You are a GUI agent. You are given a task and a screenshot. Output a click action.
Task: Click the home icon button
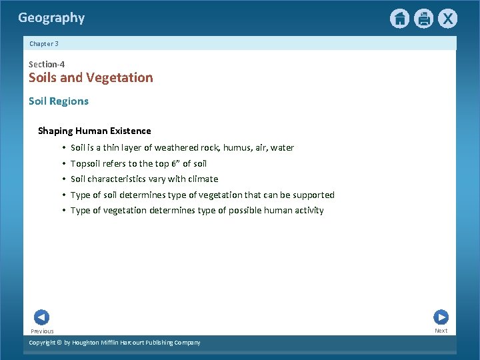click(399, 19)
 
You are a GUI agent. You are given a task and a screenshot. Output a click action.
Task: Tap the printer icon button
click(423, 19)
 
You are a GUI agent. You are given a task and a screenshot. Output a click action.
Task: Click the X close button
click(447, 19)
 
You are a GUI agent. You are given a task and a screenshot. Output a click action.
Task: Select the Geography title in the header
click(51, 18)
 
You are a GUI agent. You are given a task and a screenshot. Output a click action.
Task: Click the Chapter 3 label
click(44, 43)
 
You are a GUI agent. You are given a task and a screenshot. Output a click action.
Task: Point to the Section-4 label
click(47, 64)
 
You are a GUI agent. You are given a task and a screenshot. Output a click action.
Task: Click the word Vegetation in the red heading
click(122, 77)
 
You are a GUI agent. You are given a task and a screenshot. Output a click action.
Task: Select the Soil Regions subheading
click(59, 101)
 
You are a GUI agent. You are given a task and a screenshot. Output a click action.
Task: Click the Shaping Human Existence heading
click(95, 131)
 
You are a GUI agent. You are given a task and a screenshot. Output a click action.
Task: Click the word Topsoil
click(85, 163)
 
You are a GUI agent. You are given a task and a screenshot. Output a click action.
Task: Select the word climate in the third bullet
click(203, 179)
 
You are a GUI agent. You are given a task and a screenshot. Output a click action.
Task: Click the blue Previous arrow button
click(41, 317)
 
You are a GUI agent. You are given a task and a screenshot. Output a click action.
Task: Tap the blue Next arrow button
click(441, 317)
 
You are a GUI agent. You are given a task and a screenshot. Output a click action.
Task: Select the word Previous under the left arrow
click(42, 331)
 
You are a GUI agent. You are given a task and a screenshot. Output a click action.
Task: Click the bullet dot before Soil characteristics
click(63, 179)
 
